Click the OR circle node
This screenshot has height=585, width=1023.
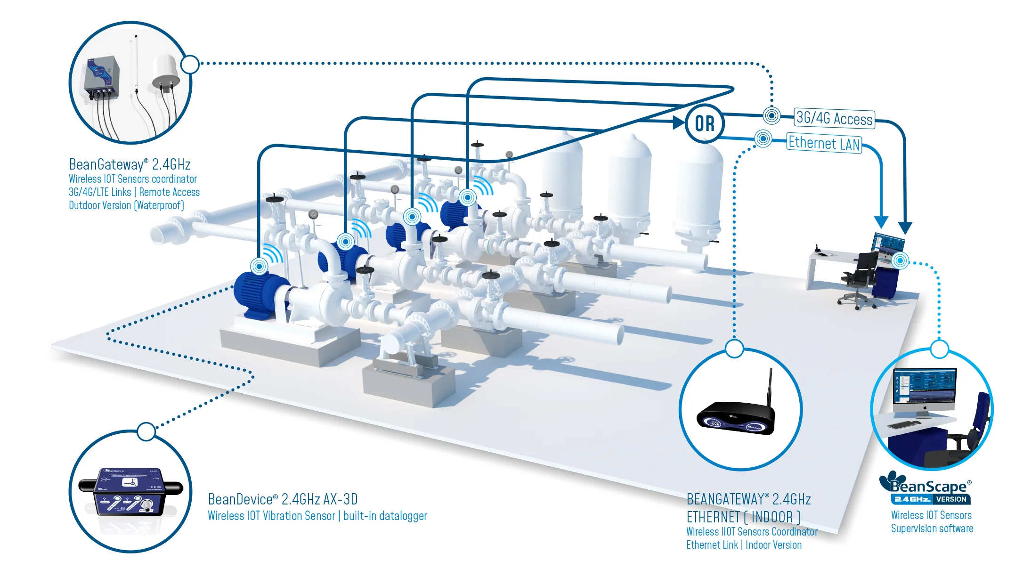705,123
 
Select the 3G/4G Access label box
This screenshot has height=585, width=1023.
834,118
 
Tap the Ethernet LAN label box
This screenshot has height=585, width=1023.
824,143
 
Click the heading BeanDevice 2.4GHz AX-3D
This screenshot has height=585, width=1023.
283,499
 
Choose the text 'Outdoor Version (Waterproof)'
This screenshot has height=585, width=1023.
126,205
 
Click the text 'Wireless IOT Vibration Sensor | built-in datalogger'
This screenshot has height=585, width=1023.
317,516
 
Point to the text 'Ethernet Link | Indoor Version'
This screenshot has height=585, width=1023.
744,545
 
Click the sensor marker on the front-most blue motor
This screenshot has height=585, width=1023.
259,266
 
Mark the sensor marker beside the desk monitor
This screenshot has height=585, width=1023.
900,260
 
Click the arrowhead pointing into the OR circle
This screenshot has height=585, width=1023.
678,122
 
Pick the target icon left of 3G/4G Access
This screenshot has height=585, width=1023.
771,115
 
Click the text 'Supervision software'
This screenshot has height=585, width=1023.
932,528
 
